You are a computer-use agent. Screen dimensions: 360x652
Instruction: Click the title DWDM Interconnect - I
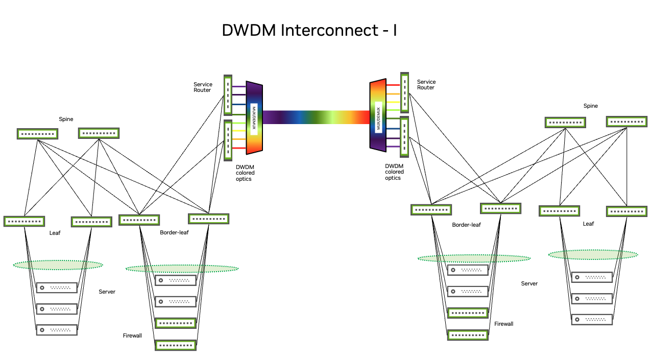tap(309, 31)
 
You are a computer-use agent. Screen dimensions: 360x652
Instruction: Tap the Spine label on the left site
tap(66, 119)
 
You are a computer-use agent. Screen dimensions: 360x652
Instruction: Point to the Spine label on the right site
tap(590, 106)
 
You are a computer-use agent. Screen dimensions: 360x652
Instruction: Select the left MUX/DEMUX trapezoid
tap(254, 117)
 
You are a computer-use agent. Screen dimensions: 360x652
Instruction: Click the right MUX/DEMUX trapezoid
tap(378, 115)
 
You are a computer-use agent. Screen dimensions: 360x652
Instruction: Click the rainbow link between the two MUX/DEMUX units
tap(316, 117)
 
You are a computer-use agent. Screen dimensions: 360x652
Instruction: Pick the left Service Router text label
tap(202, 87)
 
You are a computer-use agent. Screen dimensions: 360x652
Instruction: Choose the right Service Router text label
tap(426, 85)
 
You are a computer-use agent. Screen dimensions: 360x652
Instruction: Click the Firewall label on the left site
tap(132, 335)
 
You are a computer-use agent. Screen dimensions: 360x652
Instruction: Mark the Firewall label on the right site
tap(503, 324)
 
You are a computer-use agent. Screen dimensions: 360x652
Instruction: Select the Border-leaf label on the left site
tap(174, 233)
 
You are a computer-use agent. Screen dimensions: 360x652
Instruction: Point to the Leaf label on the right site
tap(588, 224)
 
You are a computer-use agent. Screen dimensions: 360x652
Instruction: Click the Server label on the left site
tap(107, 292)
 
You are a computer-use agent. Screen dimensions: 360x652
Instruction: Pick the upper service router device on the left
tap(228, 95)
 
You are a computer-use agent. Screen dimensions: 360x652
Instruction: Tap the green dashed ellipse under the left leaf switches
tap(58, 265)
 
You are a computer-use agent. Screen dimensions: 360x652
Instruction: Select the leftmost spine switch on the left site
tap(37, 134)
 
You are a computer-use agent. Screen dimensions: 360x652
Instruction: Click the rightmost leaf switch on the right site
tap(626, 211)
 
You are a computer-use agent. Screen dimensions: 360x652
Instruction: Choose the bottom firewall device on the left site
tap(176, 345)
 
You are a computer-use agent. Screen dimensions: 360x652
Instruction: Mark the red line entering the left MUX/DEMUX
tap(239, 148)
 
